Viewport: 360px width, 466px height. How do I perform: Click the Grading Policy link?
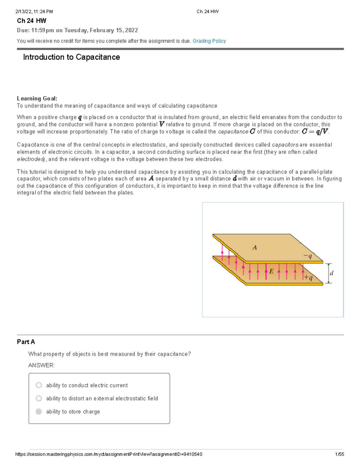point(209,41)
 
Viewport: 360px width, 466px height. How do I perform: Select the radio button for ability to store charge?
point(39,412)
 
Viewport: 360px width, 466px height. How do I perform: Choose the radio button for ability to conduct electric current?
point(39,385)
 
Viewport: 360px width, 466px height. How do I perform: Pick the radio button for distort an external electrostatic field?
point(39,398)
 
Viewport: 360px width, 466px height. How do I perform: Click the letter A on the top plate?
point(255,248)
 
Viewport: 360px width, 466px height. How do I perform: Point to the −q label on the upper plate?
point(308,256)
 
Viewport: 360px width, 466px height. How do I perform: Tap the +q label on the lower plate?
point(308,278)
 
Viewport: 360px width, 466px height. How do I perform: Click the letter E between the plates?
point(271,272)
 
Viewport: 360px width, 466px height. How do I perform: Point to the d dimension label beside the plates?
point(331,273)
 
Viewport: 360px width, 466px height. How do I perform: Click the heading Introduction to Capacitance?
point(71,57)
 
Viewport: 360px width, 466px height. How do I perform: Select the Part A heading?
point(26,342)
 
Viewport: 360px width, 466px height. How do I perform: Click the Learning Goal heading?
point(37,98)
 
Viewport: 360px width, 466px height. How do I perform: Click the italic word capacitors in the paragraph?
point(285,145)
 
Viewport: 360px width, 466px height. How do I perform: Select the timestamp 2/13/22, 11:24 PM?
point(34,12)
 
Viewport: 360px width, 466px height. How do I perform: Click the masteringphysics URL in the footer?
point(109,454)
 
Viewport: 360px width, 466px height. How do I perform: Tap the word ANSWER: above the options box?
point(41,365)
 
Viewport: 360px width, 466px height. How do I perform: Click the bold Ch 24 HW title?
point(31,21)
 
